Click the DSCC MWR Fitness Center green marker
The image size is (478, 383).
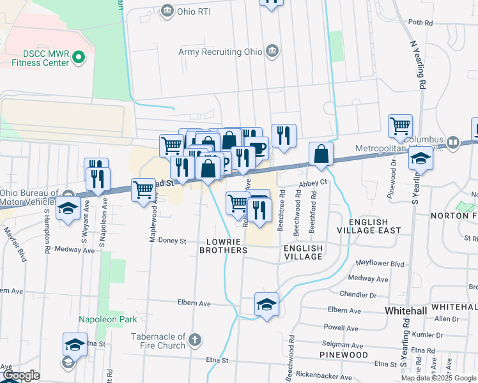coord(79,58)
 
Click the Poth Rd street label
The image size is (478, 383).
coord(420,22)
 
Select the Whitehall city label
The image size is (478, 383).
coord(410,310)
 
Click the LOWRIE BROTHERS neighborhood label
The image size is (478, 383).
coord(226,246)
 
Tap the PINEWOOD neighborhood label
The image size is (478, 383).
coord(344,354)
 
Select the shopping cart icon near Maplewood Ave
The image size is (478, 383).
coord(143,189)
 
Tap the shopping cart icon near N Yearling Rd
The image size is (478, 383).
coord(400,126)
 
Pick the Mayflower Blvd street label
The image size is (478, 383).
coord(380,263)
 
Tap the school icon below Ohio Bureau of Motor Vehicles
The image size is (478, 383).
coord(68,209)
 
